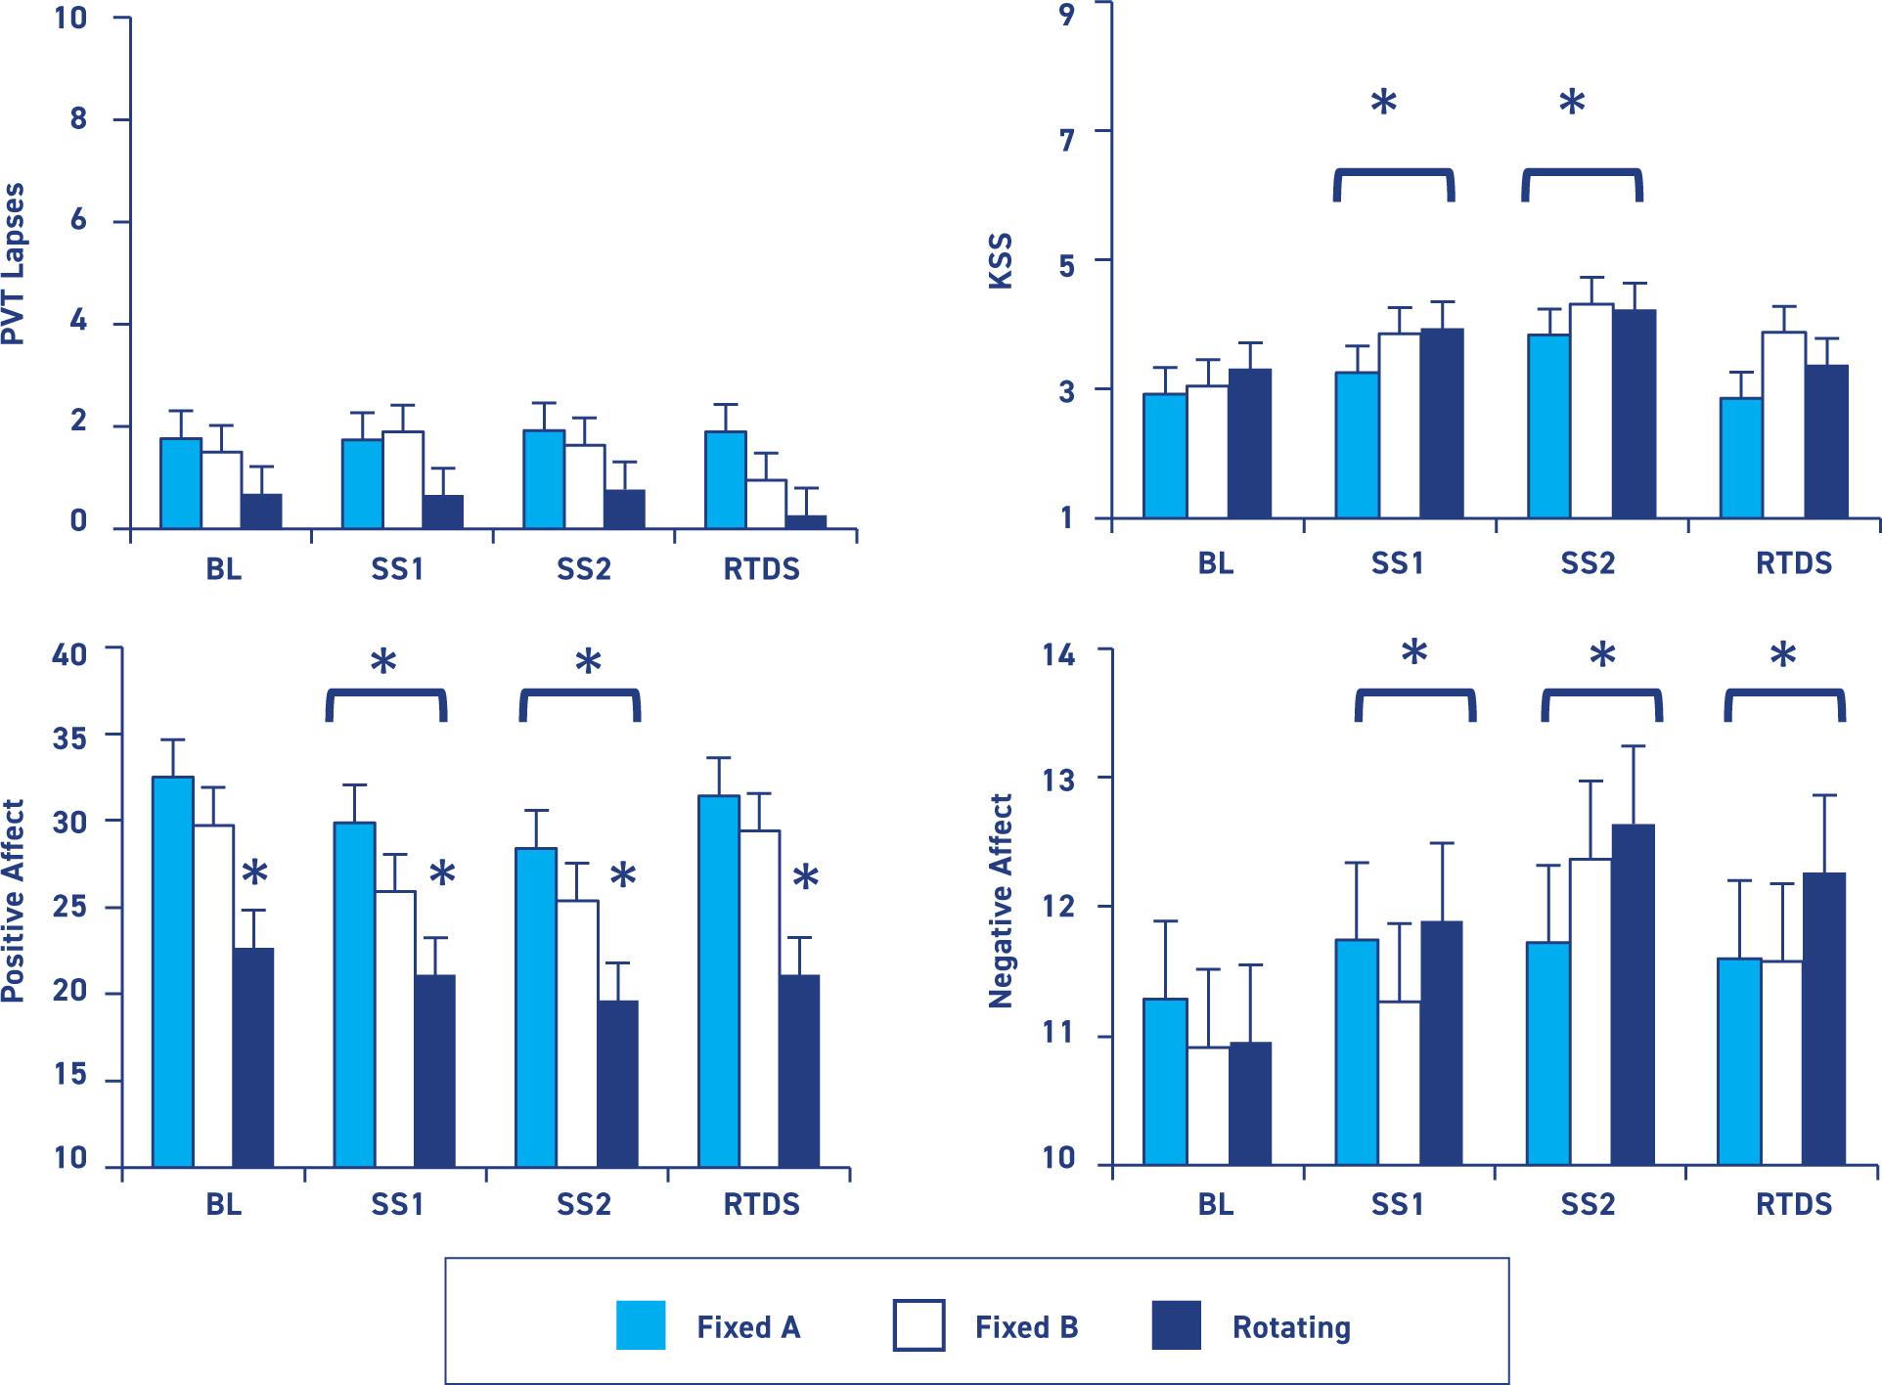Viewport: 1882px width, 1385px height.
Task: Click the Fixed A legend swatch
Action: pos(641,1325)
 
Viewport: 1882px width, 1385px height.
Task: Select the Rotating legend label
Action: pos(1291,1327)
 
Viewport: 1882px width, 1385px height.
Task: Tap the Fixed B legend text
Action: pos(1026,1327)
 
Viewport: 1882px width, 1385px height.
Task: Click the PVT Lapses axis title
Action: pos(13,265)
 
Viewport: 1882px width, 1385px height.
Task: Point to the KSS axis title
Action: pos(1000,261)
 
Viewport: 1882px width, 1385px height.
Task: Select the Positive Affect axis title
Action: pos(13,901)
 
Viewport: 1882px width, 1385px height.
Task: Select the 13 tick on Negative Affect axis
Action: pos(1058,780)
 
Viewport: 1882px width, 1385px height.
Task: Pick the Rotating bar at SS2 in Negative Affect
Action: pos(1633,994)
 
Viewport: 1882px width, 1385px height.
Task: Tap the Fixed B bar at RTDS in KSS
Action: pos(1785,424)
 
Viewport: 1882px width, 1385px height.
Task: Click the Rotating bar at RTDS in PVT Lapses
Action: pos(807,522)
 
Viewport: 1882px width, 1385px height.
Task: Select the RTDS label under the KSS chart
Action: pos(1794,564)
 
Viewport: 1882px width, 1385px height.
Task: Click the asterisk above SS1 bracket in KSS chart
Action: pos(1383,103)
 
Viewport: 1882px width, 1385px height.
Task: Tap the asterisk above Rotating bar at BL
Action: pos(254,872)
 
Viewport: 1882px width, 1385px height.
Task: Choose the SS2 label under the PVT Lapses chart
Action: pos(584,569)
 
